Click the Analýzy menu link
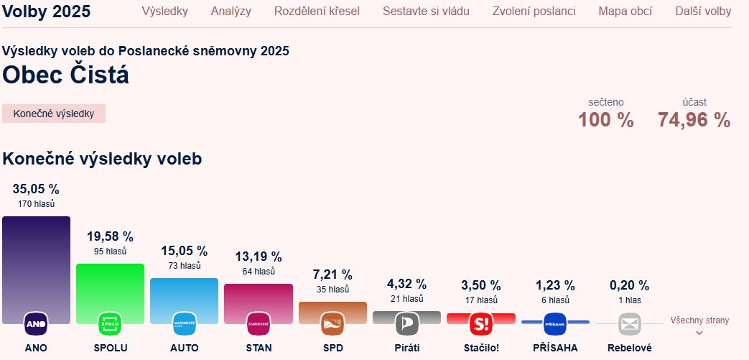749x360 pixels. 231,11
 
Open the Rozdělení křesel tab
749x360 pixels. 317,11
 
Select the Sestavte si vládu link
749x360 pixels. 426,11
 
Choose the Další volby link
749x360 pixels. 703,11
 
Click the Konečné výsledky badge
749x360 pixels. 54,114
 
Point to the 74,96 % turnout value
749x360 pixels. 694,120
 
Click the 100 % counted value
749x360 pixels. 606,120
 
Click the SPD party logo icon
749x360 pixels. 332,324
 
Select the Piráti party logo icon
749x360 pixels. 406,324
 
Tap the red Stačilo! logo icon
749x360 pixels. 480,324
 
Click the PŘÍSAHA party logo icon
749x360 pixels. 555,324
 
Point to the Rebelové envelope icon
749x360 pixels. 629,324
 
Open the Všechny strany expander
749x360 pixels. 699,325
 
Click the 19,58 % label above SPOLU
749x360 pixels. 110,236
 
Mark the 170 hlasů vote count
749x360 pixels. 36,204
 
